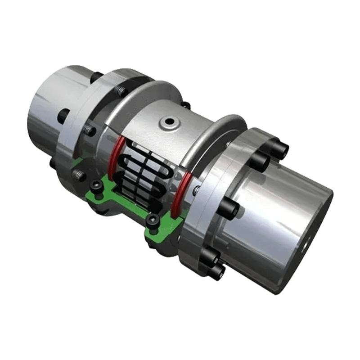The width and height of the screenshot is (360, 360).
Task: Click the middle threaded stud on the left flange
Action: coord(90,131)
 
